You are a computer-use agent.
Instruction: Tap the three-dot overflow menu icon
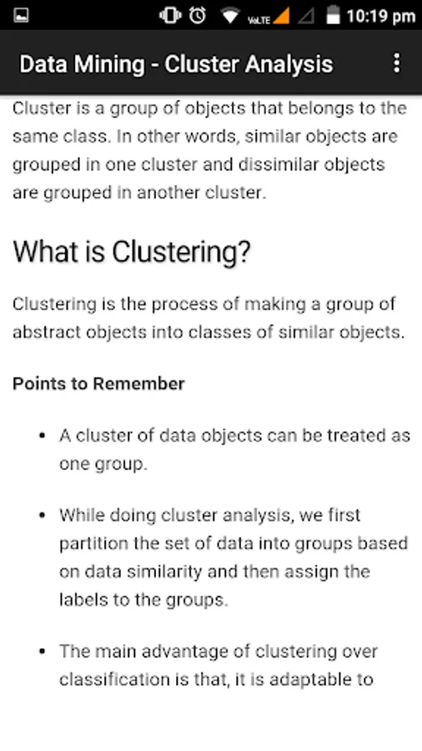[x=396, y=63]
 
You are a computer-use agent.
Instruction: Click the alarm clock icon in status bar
[x=197, y=15]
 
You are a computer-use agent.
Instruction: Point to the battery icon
[x=333, y=15]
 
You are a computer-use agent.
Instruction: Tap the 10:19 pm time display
[x=381, y=17]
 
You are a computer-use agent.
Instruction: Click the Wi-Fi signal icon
[x=230, y=16]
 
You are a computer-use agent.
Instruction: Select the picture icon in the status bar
[x=21, y=15]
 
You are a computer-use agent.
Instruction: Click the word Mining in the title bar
[x=113, y=64]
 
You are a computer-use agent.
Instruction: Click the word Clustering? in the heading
[x=181, y=251]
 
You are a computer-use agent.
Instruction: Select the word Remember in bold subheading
[x=138, y=384]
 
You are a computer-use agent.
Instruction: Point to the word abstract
[x=47, y=332]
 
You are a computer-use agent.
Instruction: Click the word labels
[x=83, y=600]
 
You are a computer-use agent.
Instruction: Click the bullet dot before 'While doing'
[x=43, y=516]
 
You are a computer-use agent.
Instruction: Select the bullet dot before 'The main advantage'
[x=43, y=652]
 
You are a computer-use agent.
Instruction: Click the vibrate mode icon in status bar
[x=170, y=15]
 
